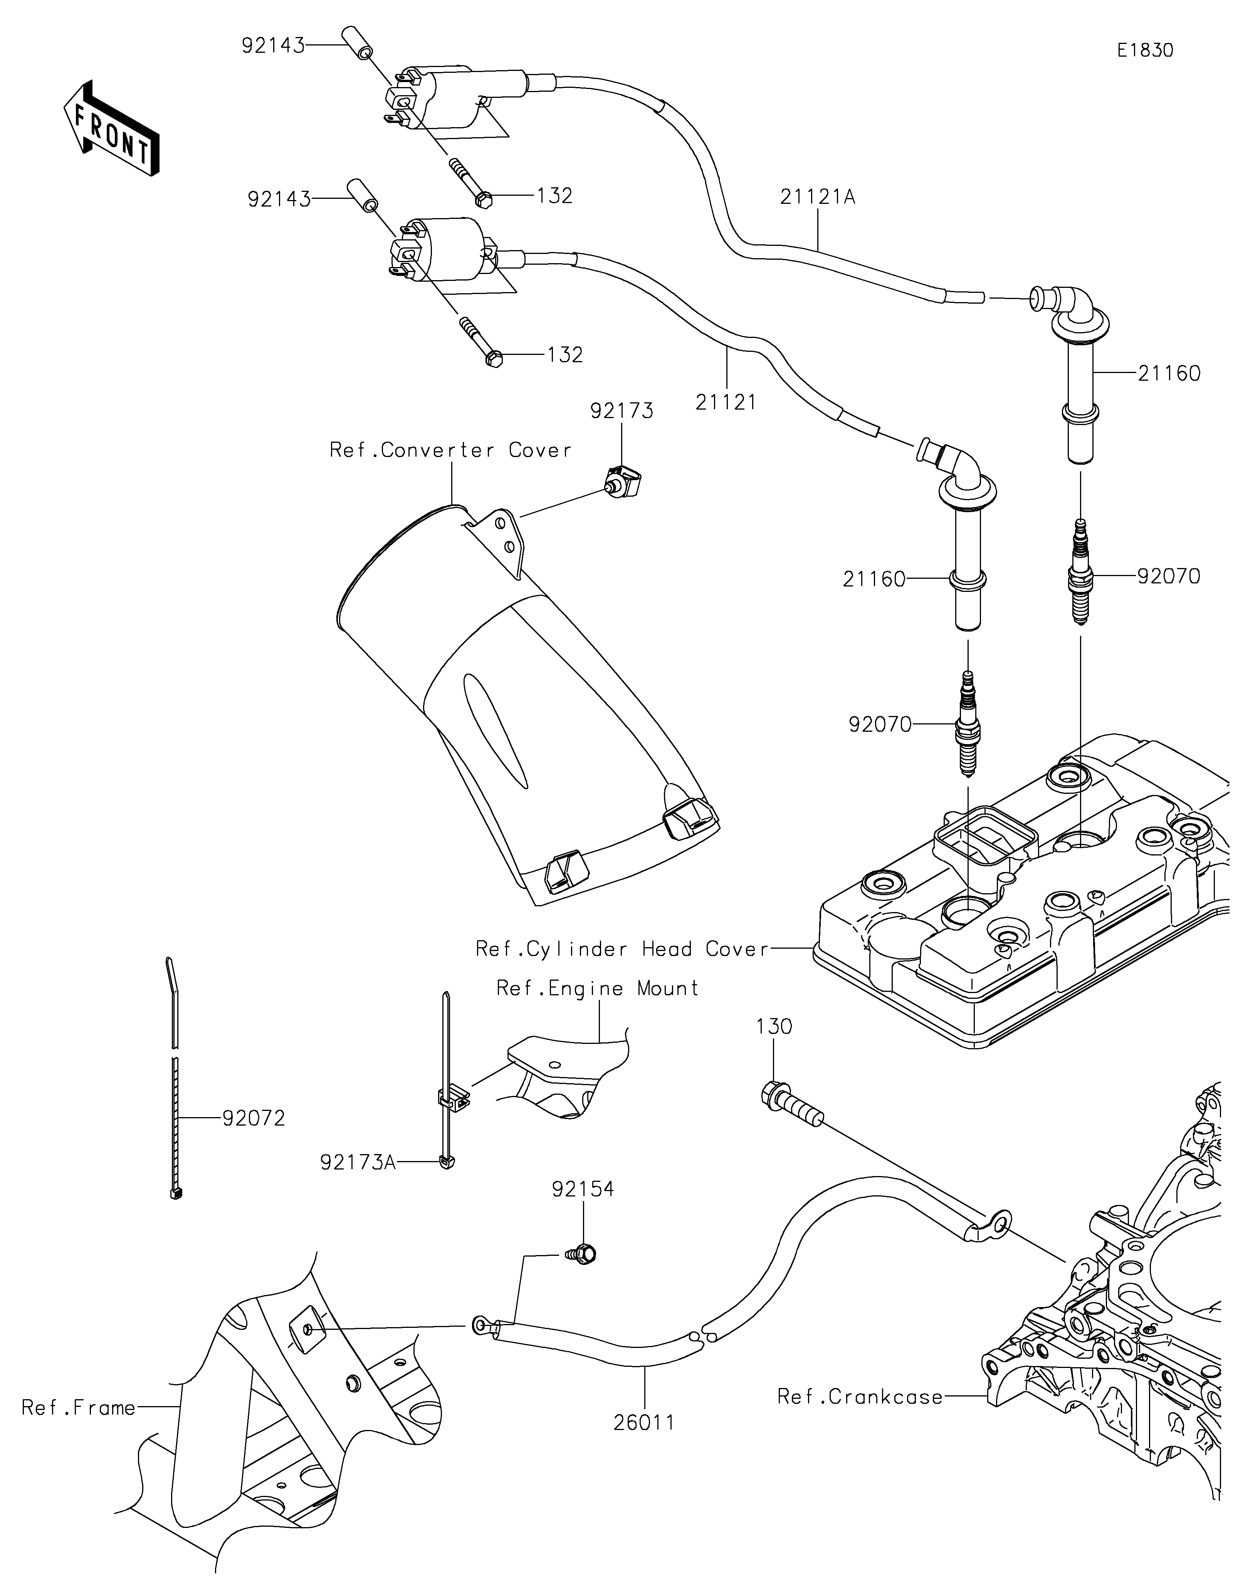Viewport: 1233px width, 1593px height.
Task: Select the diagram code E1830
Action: click(1145, 50)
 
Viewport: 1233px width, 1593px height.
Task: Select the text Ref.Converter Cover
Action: click(450, 450)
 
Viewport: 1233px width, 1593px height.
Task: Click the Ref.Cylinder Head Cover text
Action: click(622, 949)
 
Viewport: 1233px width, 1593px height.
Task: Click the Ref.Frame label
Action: click(79, 1408)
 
